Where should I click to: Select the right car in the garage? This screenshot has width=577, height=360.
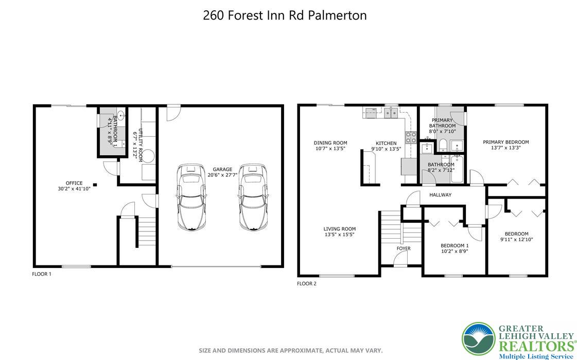[253, 197]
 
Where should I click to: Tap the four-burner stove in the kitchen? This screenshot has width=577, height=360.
[411, 137]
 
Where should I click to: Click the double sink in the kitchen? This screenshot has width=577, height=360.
[391, 112]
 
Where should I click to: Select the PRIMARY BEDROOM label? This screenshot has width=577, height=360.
[505, 142]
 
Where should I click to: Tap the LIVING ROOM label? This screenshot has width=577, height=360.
[339, 229]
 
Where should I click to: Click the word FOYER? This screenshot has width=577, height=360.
[404, 248]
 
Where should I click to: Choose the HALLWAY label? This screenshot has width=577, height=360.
[440, 195]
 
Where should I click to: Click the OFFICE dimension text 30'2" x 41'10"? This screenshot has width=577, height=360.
[74, 189]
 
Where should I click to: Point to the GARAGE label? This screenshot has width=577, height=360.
[222, 169]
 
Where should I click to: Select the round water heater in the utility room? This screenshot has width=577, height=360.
[148, 155]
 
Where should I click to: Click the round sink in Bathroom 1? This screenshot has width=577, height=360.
[120, 115]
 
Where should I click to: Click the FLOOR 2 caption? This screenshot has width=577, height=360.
[307, 283]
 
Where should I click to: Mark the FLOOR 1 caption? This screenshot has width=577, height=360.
[42, 274]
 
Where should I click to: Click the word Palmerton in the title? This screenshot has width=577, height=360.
[337, 15]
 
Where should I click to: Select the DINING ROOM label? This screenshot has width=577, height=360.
[330, 143]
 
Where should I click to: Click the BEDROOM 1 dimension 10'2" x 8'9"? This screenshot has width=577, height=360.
[454, 251]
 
